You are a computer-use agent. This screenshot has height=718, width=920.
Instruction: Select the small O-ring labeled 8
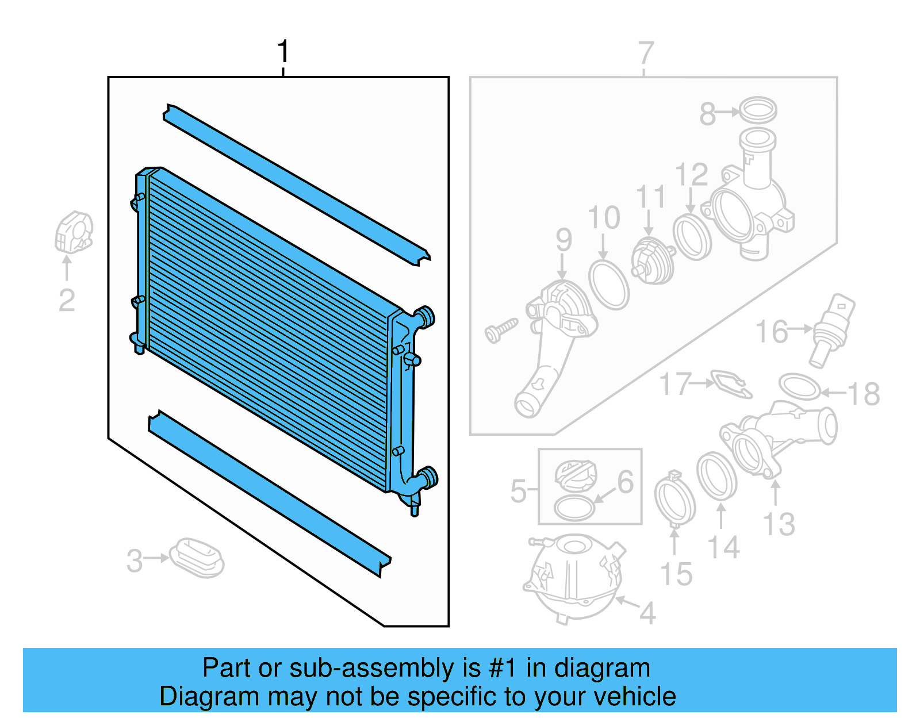[x=757, y=109]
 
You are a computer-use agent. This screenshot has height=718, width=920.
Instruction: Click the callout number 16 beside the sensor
[x=771, y=332]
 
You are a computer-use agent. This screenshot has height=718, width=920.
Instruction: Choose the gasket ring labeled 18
[x=800, y=386]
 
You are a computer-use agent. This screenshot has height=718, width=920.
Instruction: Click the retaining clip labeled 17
[x=730, y=383]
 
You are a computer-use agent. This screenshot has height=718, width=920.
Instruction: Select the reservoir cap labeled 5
[x=576, y=474]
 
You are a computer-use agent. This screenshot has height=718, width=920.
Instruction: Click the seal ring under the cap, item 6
[x=574, y=508]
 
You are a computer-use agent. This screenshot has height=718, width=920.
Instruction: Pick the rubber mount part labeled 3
[x=197, y=558]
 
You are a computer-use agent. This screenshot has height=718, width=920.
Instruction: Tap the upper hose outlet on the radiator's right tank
[x=426, y=317]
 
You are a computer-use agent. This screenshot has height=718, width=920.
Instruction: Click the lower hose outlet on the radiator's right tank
[x=428, y=477]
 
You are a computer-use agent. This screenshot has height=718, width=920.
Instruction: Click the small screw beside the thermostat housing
[x=500, y=331]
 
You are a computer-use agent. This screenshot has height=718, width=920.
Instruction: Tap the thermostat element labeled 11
[x=653, y=262]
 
